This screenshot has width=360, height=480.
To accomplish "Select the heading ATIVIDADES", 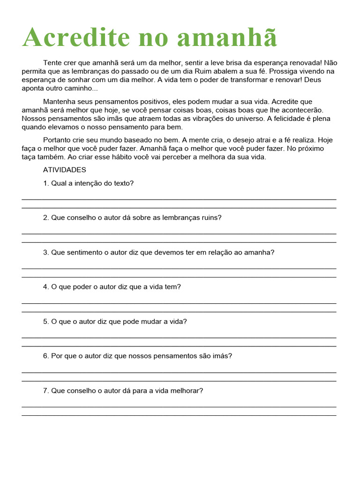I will (65, 170).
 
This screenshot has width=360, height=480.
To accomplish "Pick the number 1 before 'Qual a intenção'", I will (45, 183).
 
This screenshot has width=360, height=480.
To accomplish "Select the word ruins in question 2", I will (211, 217).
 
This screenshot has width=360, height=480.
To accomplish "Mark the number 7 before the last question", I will (45, 390).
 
